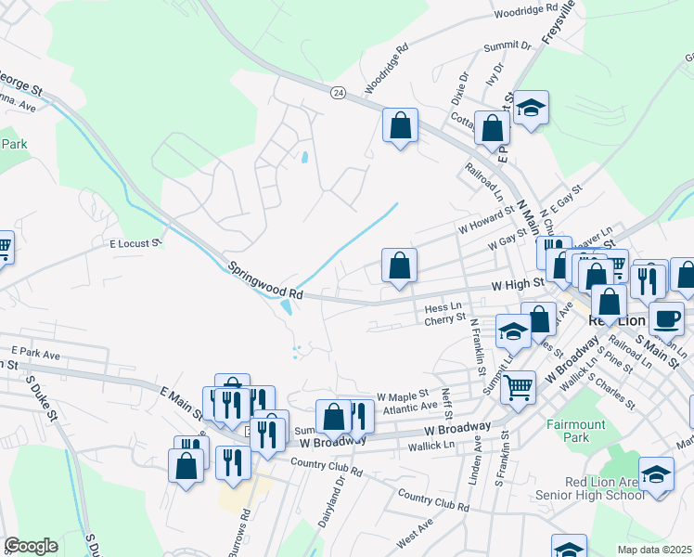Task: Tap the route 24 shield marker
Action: (338, 93)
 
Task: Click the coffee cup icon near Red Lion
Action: (665, 319)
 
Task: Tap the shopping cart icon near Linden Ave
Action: (519, 386)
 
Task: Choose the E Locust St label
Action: (135, 243)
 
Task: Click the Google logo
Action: (31, 546)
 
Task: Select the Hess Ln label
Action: (443, 306)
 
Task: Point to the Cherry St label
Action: (444, 318)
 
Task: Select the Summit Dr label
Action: (507, 45)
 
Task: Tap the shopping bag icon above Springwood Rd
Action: (399, 266)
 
